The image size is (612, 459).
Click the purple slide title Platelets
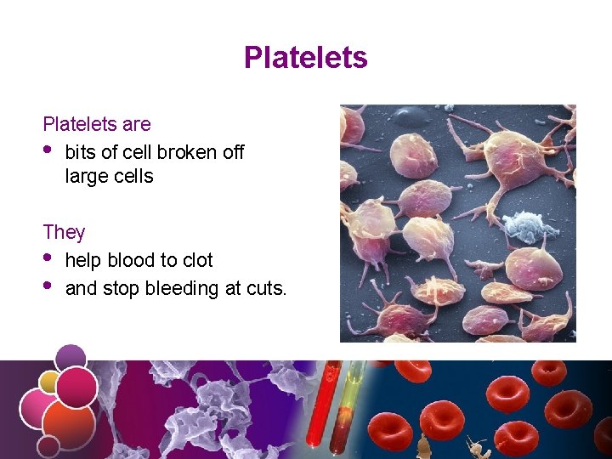click(305, 58)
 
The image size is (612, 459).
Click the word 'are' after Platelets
click(136, 125)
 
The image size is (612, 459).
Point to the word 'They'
click(64, 232)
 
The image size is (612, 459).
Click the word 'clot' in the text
click(195, 261)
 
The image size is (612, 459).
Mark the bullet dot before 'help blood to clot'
click(48, 258)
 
